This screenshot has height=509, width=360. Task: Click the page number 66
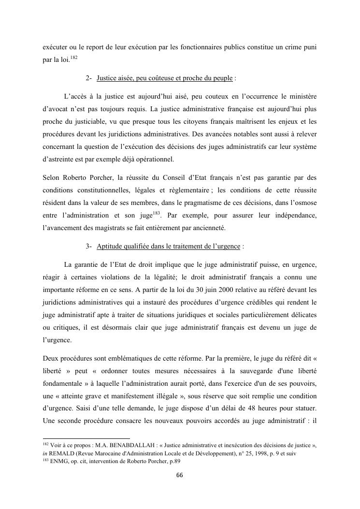tap(180, 475)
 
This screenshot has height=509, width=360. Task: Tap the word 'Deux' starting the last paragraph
tap(51, 359)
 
